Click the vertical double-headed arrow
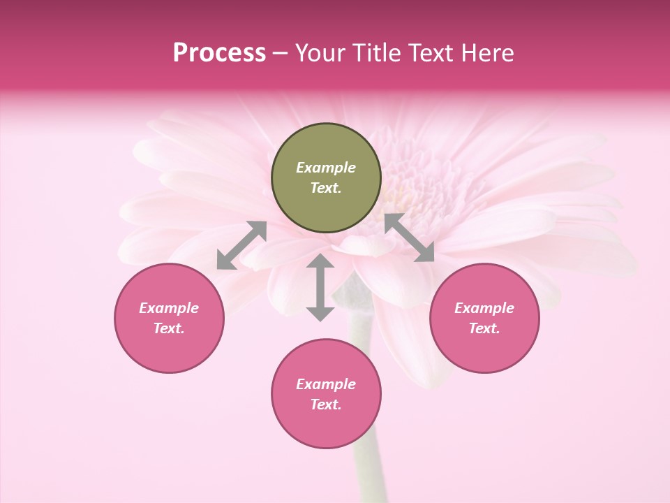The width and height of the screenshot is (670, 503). point(320,287)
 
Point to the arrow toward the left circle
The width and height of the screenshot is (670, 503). point(241,245)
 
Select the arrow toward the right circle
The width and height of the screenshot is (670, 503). point(409,238)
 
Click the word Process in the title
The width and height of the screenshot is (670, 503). point(219,53)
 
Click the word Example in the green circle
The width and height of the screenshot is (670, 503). point(326,168)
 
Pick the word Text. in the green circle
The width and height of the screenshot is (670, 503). point(326,188)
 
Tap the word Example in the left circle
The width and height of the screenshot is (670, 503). point(169,308)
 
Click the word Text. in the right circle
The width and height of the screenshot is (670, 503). point(484,328)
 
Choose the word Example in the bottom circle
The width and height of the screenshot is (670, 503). point(326,384)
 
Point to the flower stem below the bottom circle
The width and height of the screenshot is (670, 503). point(368,475)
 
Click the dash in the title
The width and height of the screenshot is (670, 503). point(281,53)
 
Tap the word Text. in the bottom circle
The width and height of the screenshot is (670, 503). point(326,404)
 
